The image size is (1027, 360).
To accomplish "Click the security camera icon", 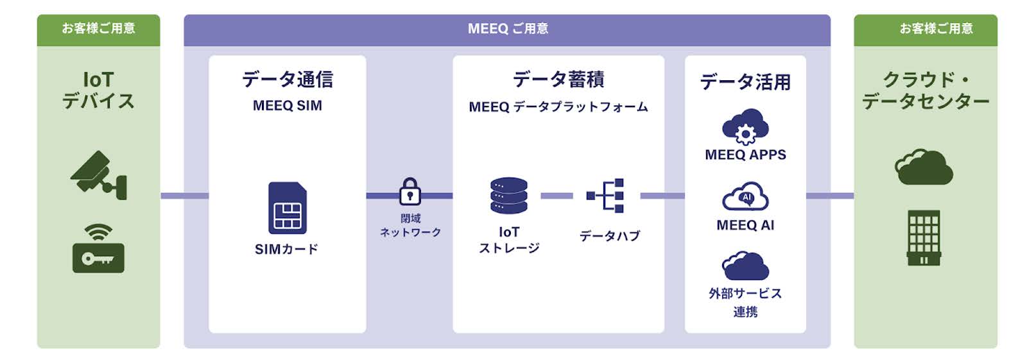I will [x=98, y=175].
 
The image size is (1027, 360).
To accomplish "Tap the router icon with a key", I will [x=98, y=249].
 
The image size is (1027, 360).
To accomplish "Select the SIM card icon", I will [x=287, y=208].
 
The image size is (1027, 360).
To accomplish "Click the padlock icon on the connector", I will [x=410, y=191].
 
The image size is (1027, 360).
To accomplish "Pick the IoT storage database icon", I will [x=508, y=196].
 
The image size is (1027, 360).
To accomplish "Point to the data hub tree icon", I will [x=605, y=196].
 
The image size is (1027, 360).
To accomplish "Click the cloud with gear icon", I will [x=745, y=126].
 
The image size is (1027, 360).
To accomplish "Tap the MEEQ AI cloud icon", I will [x=745, y=197].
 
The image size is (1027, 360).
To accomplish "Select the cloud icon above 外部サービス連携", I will [x=745, y=266].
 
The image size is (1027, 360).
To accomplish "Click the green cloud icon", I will [x=924, y=167].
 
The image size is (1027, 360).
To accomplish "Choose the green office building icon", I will [x=924, y=237].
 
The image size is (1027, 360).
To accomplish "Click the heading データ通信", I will [x=287, y=80].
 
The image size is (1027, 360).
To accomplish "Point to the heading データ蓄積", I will [x=558, y=80].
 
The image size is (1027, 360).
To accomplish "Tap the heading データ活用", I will [x=745, y=82].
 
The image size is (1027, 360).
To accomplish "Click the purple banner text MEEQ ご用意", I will [x=507, y=29].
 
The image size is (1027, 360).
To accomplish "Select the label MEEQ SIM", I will [x=287, y=106].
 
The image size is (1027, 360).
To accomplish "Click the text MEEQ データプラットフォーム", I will [x=558, y=107].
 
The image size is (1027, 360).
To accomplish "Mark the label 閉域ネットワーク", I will [x=410, y=225].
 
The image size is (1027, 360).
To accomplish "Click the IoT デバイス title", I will [x=98, y=90].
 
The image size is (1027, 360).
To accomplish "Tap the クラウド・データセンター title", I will [x=925, y=90].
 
